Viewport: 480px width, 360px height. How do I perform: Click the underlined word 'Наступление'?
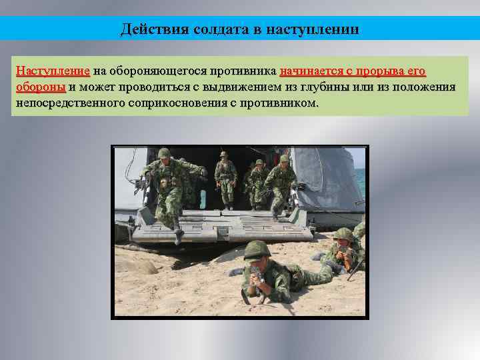pyautogui.click(x=53, y=71)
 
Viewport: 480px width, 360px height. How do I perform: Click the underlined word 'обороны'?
pyautogui.click(x=41, y=87)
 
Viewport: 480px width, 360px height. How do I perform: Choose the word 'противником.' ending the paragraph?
pyautogui.click(x=283, y=103)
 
